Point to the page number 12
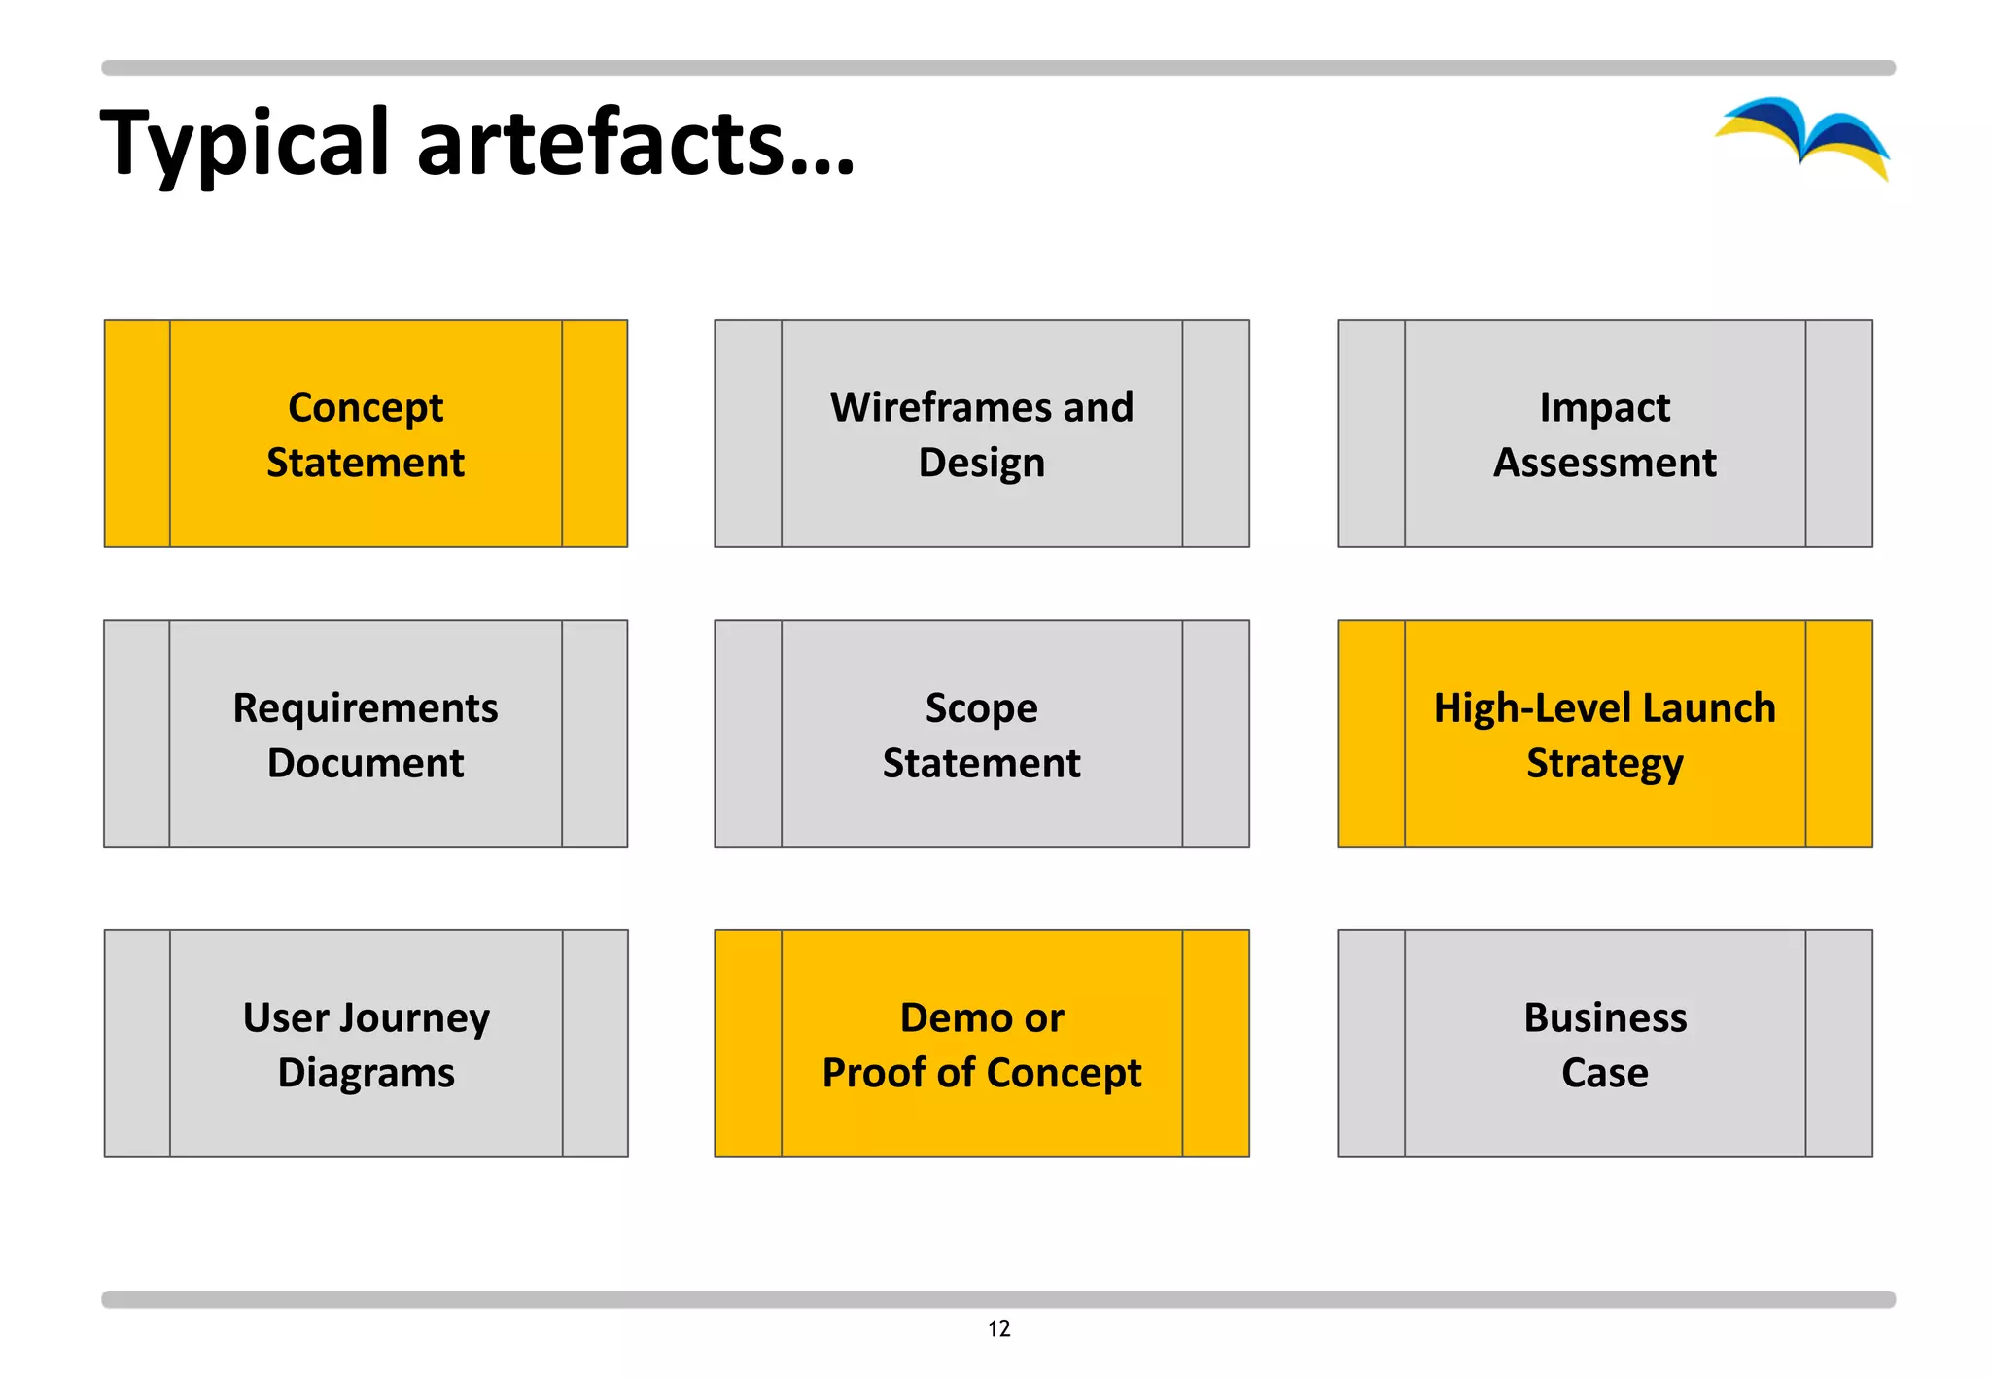pyautogui.click(x=998, y=1328)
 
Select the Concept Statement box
pyautogui.click(x=366, y=433)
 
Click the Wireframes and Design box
pyautogui.click(x=981, y=433)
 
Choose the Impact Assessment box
pyautogui.click(x=1604, y=433)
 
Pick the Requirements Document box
pyautogui.click(x=366, y=734)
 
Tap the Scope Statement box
pyautogui.click(x=981, y=734)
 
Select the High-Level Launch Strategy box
pyautogui.click(x=1604, y=734)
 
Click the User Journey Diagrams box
pyautogui.click(x=366, y=1044)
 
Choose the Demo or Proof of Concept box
pyautogui.click(x=981, y=1044)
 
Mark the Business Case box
pyautogui.click(x=1604, y=1044)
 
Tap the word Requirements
pyautogui.click(x=366, y=708)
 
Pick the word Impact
pyautogui.click(x=1604, y=408)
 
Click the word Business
pyautogui.click(x=1604, y=1017)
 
